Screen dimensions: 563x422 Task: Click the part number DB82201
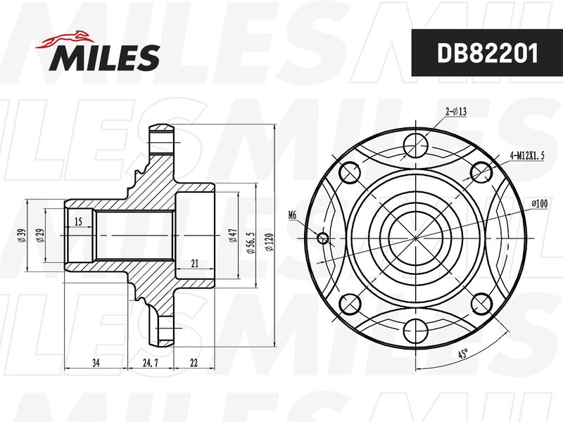click(487, 53)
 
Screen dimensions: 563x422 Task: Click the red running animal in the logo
click(64, 40)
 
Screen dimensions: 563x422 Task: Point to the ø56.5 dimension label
click(251, 243)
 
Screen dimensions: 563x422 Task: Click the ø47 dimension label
click(233, 235)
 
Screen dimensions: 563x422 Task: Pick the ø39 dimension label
click(22, 235)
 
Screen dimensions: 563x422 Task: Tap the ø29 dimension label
click(40, 235)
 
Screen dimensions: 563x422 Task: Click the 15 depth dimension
click(78, 222)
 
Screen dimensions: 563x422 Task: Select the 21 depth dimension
click(195, 264)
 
